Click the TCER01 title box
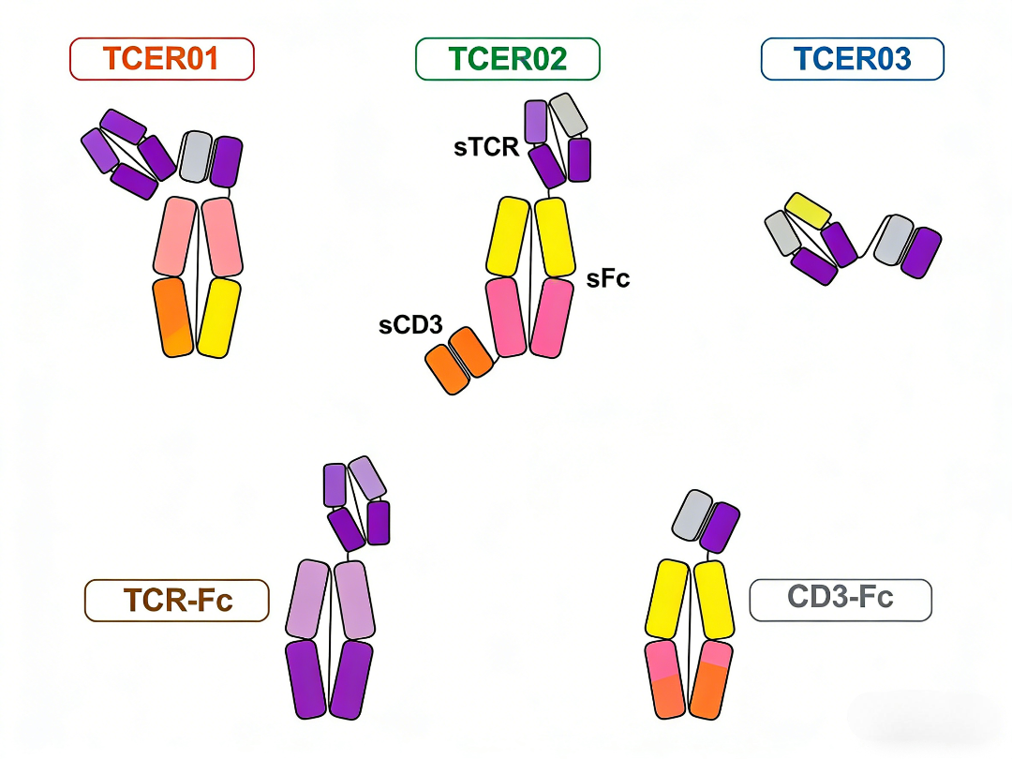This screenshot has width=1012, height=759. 161,59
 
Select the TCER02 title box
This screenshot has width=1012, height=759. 507,59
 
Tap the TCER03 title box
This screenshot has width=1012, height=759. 852,59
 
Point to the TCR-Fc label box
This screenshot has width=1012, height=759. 177,601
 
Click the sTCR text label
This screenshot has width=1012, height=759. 486,147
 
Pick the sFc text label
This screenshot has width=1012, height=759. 608,278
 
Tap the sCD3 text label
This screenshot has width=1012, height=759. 410,326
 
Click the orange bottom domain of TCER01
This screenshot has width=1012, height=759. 173,317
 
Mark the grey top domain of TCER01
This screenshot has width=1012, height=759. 196,156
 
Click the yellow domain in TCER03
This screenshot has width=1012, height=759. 808,212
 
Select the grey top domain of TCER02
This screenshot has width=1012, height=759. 568,115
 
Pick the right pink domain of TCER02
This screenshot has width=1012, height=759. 552,317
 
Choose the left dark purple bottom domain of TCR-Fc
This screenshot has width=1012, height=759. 306,678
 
